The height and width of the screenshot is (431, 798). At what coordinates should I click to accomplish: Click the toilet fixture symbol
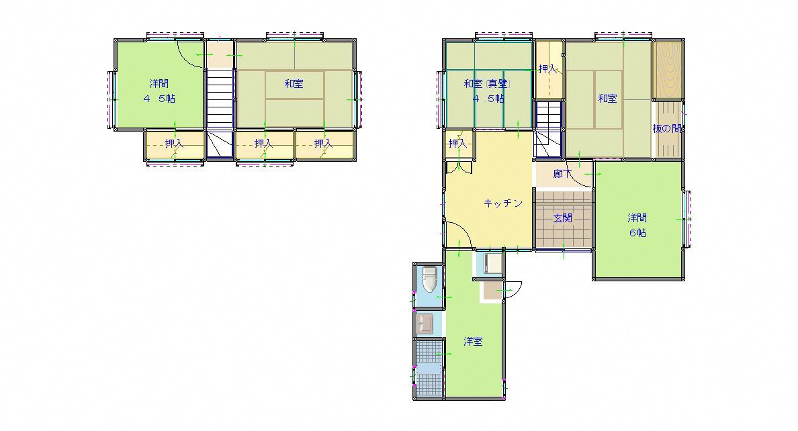click(x=429, y=279)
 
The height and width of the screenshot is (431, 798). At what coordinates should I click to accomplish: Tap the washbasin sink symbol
click(x=425, y=323)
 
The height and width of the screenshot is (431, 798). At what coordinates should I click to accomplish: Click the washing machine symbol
click(x=492, y=264)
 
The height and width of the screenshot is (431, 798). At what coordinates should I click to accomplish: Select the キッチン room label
click(x=503, y=203)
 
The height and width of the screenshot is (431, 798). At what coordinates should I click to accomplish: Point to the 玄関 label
click(x=563, y=218)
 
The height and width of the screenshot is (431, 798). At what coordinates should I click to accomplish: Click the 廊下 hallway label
click(x=562, y=174)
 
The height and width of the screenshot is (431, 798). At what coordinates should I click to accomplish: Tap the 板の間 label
click(x=667, y=129)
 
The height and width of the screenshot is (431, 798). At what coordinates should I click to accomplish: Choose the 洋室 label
click(x=474, y=342)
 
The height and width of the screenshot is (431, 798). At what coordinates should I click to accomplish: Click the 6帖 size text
click(x=637, y=233)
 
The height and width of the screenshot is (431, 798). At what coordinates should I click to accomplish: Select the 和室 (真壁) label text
click(x=487, y=84)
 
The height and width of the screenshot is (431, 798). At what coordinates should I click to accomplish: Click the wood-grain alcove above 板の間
click(x=668, y=70)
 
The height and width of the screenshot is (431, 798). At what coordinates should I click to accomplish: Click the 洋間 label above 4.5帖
click(x=159, y=83)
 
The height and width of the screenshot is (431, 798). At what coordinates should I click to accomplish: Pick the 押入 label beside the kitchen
click(x=457, y=144)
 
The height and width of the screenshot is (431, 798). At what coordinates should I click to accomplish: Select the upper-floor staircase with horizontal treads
click(x=220, y=99)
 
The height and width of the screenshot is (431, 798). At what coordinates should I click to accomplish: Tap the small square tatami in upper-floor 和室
click(x=294, y=85)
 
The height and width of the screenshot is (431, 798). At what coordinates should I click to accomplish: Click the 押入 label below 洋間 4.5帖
click(x=174, y=144)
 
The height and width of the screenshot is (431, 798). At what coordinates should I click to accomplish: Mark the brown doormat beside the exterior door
click(x=492, y=289)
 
